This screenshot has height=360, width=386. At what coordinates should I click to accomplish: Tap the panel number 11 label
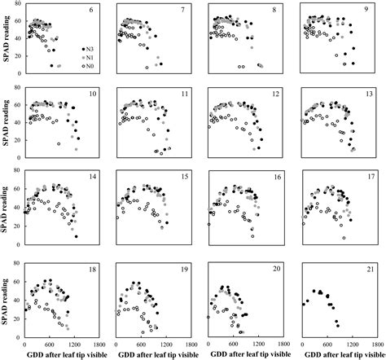point(182,94)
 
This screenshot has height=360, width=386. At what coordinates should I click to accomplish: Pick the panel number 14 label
point(90,178)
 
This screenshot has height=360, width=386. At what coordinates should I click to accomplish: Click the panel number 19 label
point(182,266)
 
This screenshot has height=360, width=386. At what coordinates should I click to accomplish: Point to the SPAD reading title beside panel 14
point(7,211)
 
